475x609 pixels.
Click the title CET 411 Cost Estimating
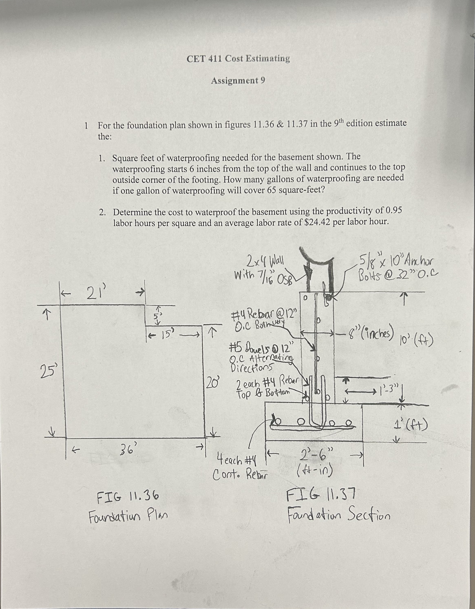coord(238,59)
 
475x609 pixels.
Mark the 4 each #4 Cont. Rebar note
coord(240,466)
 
